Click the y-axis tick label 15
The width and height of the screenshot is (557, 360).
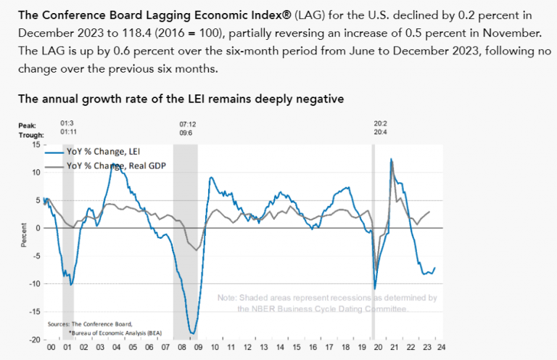pyautogui.click(x=34, y=145)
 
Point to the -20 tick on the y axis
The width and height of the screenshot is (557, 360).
pyautogui.click(x=33, y=340)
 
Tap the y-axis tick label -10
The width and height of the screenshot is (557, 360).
pyautogui.click(x=33, y=284)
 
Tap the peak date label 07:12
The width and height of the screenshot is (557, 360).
pyautogui.click(x=187, y=124)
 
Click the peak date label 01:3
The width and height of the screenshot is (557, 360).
pyautogui.click(x=68, y=124)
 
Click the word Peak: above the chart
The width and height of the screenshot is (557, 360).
pyautogui.click(x=28, y=126)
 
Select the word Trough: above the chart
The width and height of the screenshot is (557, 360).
pyautogui.click(x=30, y=135)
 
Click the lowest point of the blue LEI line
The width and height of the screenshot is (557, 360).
pyautogui.click(x=191, y=333)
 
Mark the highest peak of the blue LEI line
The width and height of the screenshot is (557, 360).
pyautogui.click(x=392, y=159)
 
